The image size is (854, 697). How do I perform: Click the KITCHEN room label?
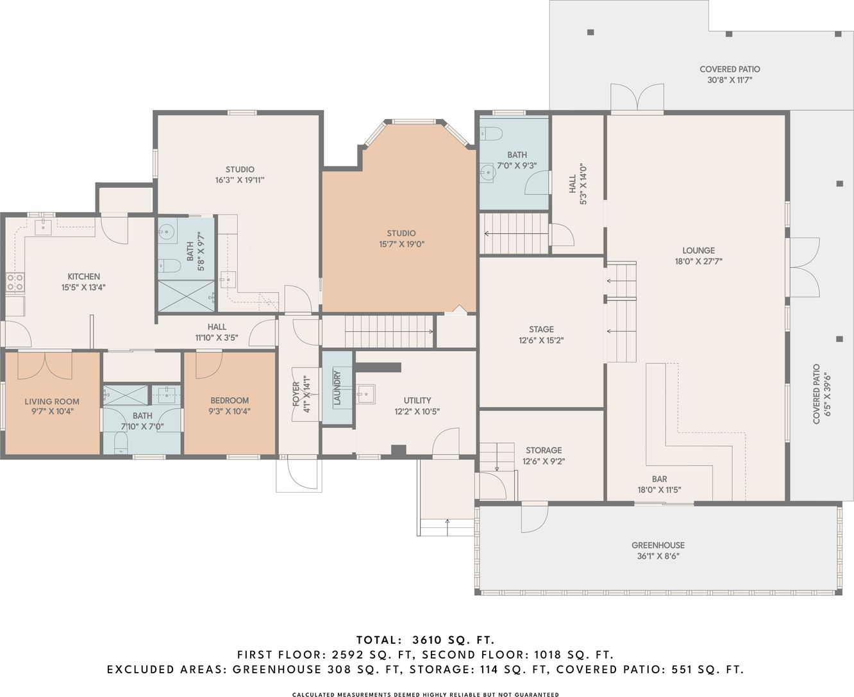pyautogui.click(x=83, y=277)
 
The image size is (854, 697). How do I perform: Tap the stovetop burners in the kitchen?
pyautogui.click(x=15, y=282)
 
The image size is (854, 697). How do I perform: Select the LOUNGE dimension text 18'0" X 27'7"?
pyautogui.click(x=698, y=261)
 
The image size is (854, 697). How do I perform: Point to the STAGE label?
pyautogui.click(x=541, y=329)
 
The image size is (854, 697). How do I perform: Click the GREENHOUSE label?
pyautogui.click(x=658, y=545)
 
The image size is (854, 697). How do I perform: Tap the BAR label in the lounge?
pyautogui.click(x=659, y=479)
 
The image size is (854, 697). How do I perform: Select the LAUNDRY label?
pyautogui.click(x=337, y=388)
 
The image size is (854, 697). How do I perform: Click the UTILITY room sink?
pyautogui.click(x=365, y=393)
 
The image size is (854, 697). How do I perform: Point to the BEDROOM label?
pyautogui.click(x=230, y=400)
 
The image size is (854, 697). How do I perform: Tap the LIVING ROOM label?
pyautogui.click(x=52, y=401)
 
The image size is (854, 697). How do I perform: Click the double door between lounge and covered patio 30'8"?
pyautogui.click(x=637, y=97)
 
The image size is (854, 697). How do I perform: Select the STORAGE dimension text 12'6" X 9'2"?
pyautogui.click(x=544, y=461)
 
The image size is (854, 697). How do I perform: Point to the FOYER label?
pyautogui.click(x=296, y=394)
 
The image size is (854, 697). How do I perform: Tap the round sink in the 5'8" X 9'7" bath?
pyautogui.click(x=166, y=232)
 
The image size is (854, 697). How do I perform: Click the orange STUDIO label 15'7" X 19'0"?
pyautogui.click(x=401, y=233)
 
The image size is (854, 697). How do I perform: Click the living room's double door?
pyautogui.click(x=45, y=365)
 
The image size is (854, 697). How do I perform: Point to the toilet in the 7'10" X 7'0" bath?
pyautogui.click(x=121, y=443)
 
